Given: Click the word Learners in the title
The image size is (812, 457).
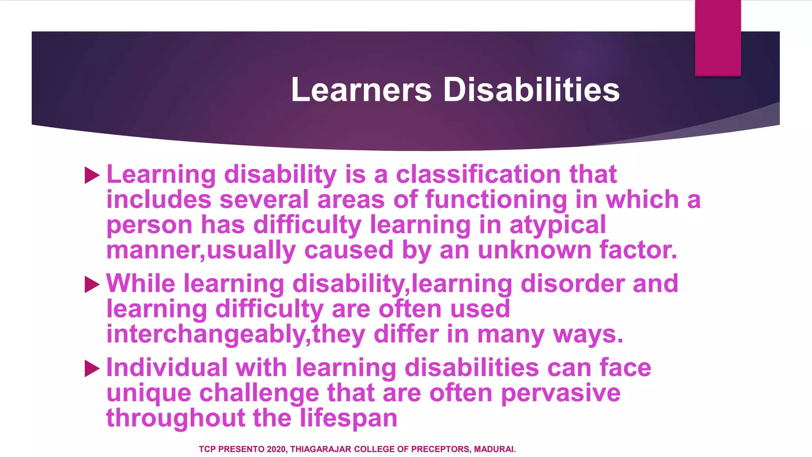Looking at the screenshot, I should (x=361, y=90).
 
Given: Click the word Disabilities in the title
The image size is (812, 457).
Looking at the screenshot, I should (x=531, y=90).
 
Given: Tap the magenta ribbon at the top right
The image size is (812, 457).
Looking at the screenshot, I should (x=718, y=38).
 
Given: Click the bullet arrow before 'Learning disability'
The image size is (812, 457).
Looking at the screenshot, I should (x=92, y=175).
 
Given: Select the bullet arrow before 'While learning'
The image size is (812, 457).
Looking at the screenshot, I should (x=92, y=284).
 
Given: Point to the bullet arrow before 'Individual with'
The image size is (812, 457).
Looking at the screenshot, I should (x=92, y=369).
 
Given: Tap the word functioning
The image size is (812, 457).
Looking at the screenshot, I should (x=496, y=200).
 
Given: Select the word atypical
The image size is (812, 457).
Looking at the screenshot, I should (x=558, y=225).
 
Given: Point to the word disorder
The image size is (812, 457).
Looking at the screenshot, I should (x=572, y=284).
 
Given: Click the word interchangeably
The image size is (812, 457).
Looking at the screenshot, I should (x=206, y=334).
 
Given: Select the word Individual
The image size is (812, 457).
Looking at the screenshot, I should (x=167, y=368).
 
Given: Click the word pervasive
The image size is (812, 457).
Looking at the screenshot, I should (x=561, y=393).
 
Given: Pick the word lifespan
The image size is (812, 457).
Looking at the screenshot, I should (x=348, y=419).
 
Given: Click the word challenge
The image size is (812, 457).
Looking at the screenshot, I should (x=259, y=393).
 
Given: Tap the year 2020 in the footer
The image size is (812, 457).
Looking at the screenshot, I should (x=276, y=449).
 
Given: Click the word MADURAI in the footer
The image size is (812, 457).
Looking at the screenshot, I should (x=495, y=449).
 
